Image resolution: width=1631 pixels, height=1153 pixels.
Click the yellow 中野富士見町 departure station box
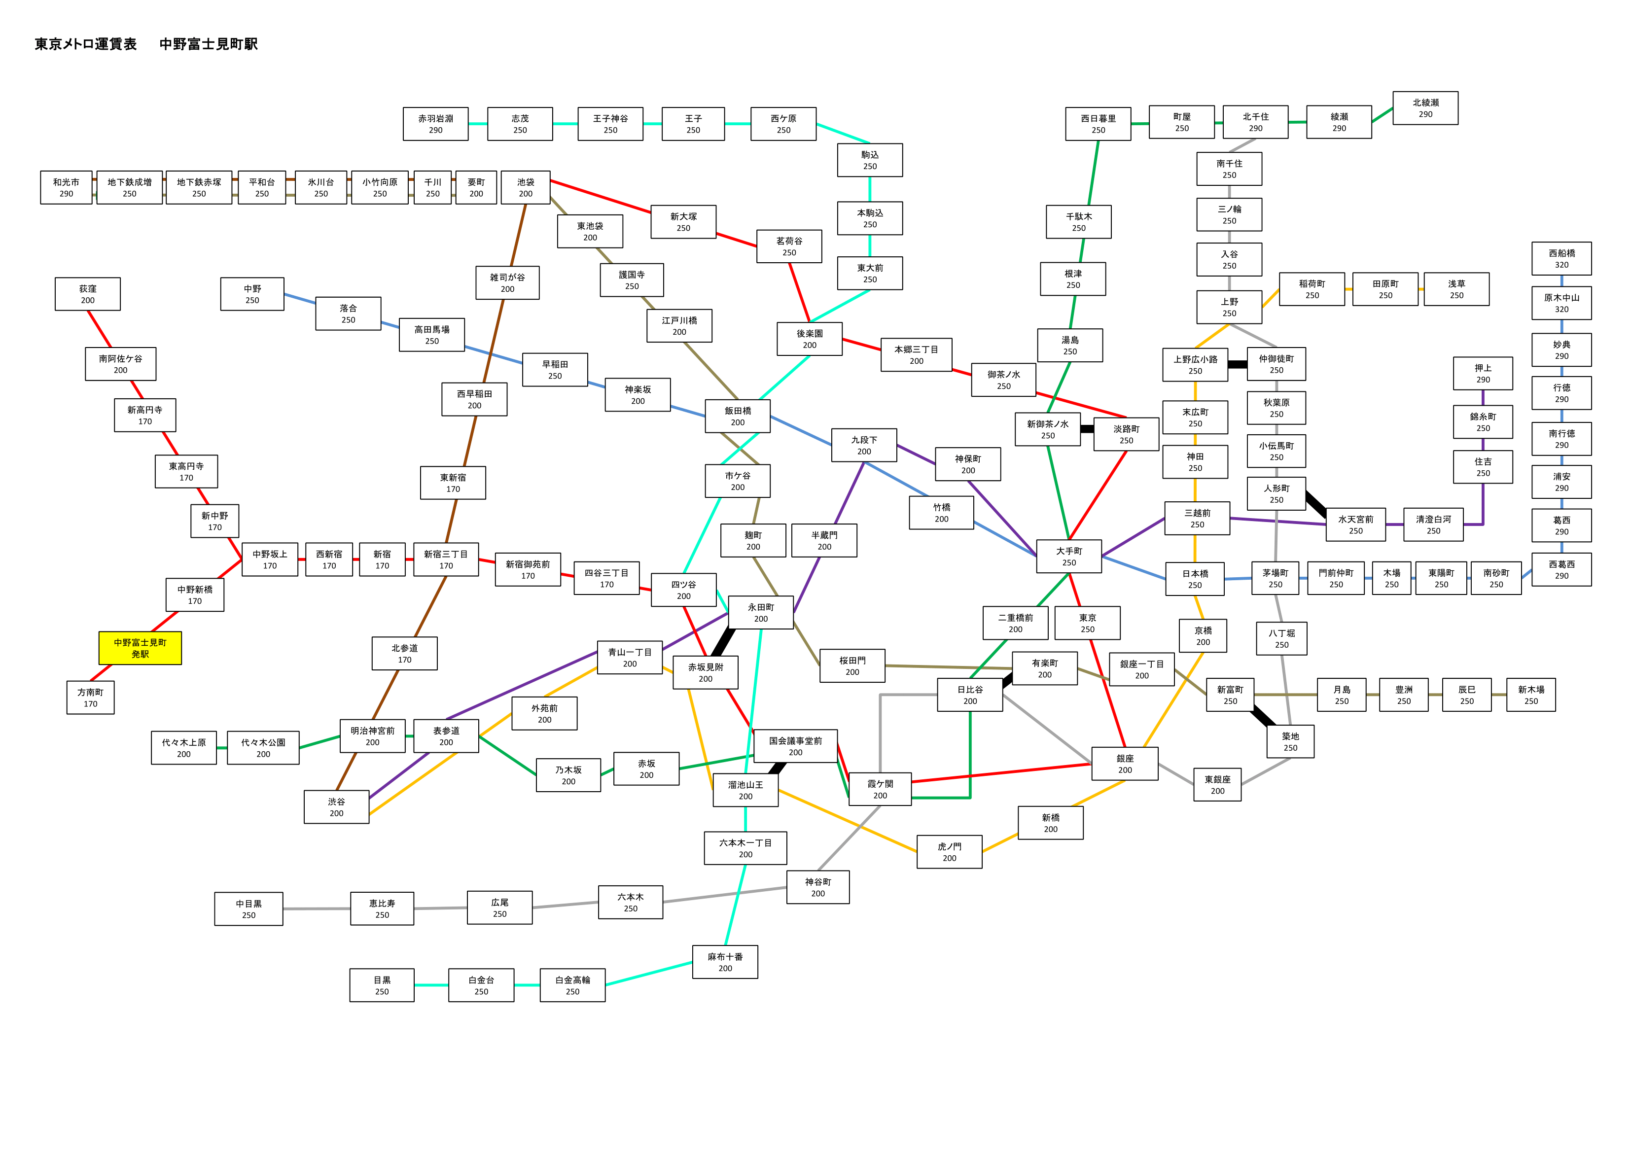(x=140, y=648)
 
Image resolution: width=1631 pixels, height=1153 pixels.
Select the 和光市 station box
(x=66, y=187)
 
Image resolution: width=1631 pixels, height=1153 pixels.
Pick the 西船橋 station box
(x=1561, y=259)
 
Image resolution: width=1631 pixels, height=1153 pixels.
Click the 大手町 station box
(x=1069, y=556)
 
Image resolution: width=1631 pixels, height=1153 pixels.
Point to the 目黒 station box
(x=382, y=985)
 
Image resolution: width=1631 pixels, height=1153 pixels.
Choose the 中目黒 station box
(x=248, y=908)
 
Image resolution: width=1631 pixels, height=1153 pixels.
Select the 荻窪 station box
(x=87, y=294)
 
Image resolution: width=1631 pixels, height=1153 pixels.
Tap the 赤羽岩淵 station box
(x=435, y=124)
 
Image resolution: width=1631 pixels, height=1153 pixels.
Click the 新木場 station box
(x=1531, y=695)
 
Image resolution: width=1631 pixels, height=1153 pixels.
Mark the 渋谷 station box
(x=337, y=807)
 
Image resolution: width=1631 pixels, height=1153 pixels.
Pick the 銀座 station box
(x=1125, y=764)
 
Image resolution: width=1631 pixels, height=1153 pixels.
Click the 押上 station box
(x=1483, y=374)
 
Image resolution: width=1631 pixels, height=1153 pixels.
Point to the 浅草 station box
(x=1456, y=289)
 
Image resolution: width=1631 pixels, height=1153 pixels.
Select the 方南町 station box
(x=90, y=698)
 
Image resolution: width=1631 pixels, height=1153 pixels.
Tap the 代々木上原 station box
(x=184, y=748)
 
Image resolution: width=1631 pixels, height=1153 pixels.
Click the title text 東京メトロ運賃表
(x=86, y=44)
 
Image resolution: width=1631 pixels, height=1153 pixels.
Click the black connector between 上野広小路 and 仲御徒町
(x=1238, y=364)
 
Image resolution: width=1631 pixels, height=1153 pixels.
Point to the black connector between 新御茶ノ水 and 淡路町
(x=1087, y=429)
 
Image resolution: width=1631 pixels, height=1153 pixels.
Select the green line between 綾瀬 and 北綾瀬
(x=1383, y=115)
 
